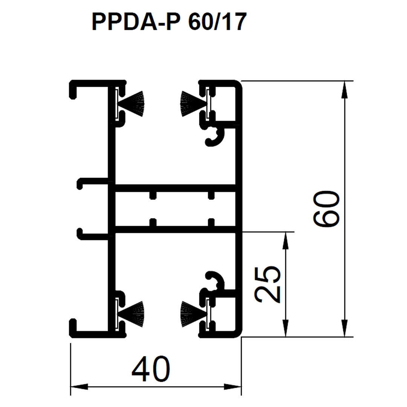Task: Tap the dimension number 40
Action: click(151, 369)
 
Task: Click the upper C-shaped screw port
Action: click(215, 136)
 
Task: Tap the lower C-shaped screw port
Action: click(215, 281)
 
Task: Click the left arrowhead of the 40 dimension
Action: click(79, 387)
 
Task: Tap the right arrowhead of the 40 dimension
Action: click(233, 387)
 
